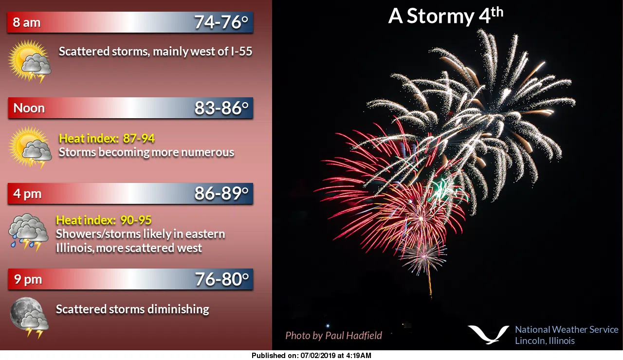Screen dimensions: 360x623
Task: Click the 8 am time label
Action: click(27, 23)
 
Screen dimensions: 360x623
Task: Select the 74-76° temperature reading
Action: click(221, 22)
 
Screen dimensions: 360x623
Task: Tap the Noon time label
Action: click(29, 108)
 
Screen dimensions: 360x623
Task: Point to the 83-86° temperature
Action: click(221, 108)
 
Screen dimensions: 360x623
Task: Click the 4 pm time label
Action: click(27, 194)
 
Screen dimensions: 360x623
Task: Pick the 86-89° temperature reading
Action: click(221, 194)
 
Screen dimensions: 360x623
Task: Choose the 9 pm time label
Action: click(28, 279)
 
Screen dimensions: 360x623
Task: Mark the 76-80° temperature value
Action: click(222, 279)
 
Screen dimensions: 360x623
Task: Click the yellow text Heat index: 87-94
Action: click(107, 139)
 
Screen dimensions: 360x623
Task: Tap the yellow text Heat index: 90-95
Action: click(104, 220)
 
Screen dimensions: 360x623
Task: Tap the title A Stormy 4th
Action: click(445, 16)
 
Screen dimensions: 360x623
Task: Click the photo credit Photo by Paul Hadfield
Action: click(333, 335)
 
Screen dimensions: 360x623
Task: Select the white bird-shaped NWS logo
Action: click(488, 334)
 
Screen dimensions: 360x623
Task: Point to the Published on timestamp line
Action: click(311, 356)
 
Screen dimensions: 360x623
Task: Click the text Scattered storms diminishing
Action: click(132, 309)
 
